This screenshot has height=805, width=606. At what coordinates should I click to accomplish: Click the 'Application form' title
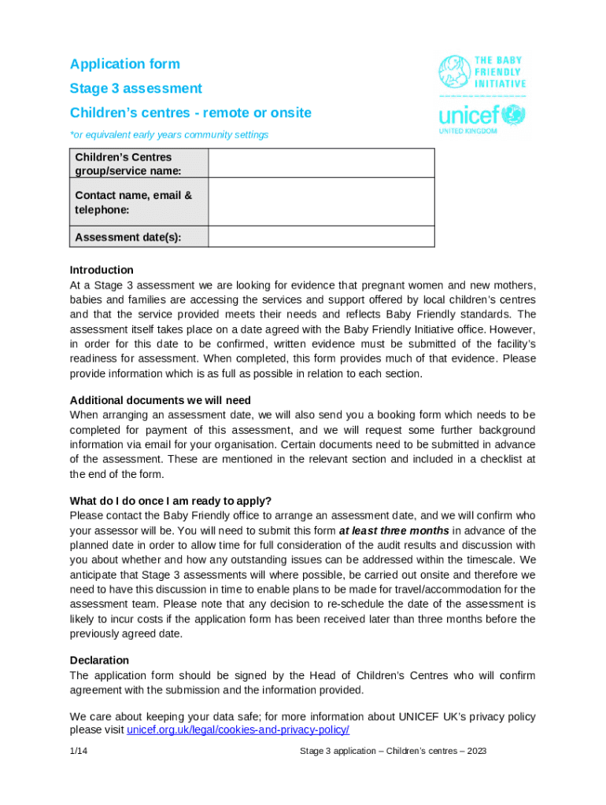coord(124,64)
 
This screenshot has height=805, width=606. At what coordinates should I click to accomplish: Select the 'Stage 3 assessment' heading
coord(135,89)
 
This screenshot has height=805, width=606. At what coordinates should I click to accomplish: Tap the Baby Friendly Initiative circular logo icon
coord(454,71)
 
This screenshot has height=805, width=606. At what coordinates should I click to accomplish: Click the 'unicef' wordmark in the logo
coord(469,116)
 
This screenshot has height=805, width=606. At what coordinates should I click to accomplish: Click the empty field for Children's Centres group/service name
coord(321,164)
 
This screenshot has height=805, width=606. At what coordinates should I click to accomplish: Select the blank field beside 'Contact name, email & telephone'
coord(321,202)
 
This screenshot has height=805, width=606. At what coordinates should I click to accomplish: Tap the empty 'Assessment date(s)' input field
coord(321,237)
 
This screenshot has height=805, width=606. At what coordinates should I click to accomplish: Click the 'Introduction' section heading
coord(102,270)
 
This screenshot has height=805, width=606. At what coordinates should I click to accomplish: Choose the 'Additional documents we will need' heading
coord(161,400)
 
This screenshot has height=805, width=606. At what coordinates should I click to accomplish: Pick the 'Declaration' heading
coord(99,660)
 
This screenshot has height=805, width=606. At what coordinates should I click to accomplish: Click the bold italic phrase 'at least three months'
coord(394,531)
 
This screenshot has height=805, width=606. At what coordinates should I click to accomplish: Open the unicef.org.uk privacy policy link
coord(238,730)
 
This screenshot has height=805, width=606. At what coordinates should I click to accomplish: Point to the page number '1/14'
coord(78,752)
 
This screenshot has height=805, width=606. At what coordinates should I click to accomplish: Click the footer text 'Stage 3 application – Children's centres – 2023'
coord(393,752)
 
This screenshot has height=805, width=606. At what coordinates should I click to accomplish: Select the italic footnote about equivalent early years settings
coord(169,135)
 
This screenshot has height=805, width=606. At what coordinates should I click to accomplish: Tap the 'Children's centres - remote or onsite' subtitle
coord(190,113)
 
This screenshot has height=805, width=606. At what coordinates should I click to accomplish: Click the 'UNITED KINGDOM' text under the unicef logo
coord(467,131)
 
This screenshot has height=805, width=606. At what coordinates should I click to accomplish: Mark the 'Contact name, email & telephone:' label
coord(133,203)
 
